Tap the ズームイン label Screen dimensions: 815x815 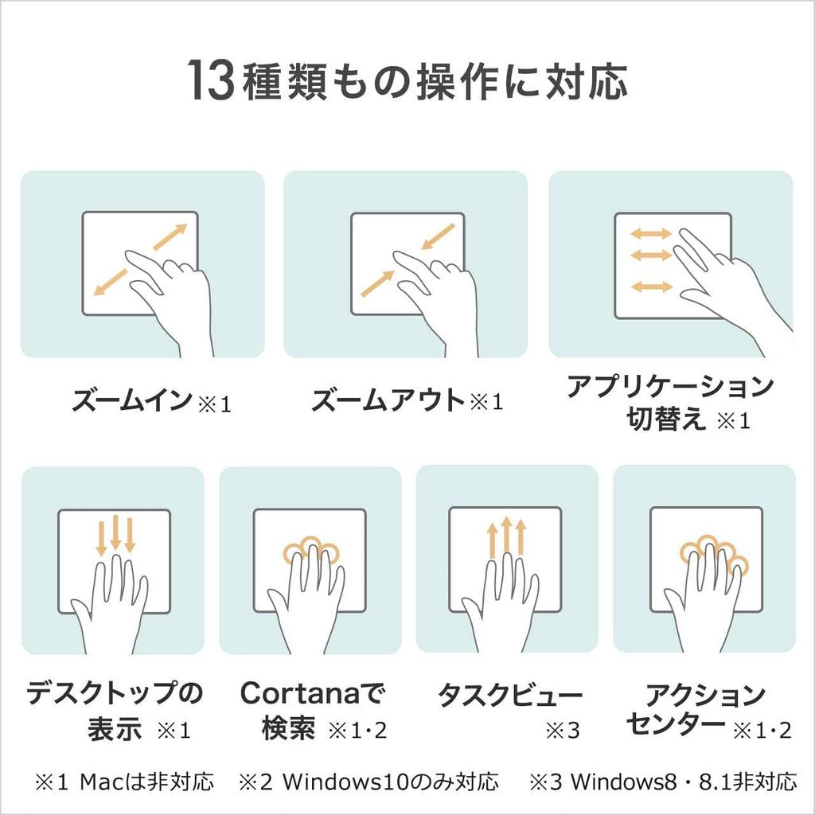coord(132,400)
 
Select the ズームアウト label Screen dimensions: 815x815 coord(388,400)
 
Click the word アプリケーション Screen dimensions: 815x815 coord(670,387)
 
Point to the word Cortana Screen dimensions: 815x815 coord(300,693)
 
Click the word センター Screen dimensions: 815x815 coord(675,723)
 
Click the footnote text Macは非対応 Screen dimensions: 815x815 coord(146,782)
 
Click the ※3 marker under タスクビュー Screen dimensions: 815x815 coord(563,731)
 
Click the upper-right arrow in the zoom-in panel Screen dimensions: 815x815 coord(170,237)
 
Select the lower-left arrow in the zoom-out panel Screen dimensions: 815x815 coord(378,284)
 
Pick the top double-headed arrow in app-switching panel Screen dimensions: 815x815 coord(651,233)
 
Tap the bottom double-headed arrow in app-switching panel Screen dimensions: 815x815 coord(651,286)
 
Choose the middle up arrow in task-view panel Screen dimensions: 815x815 coord(506,536)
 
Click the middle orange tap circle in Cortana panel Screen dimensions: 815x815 coord(312,543)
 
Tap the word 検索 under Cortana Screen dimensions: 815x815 coord(288,728)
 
